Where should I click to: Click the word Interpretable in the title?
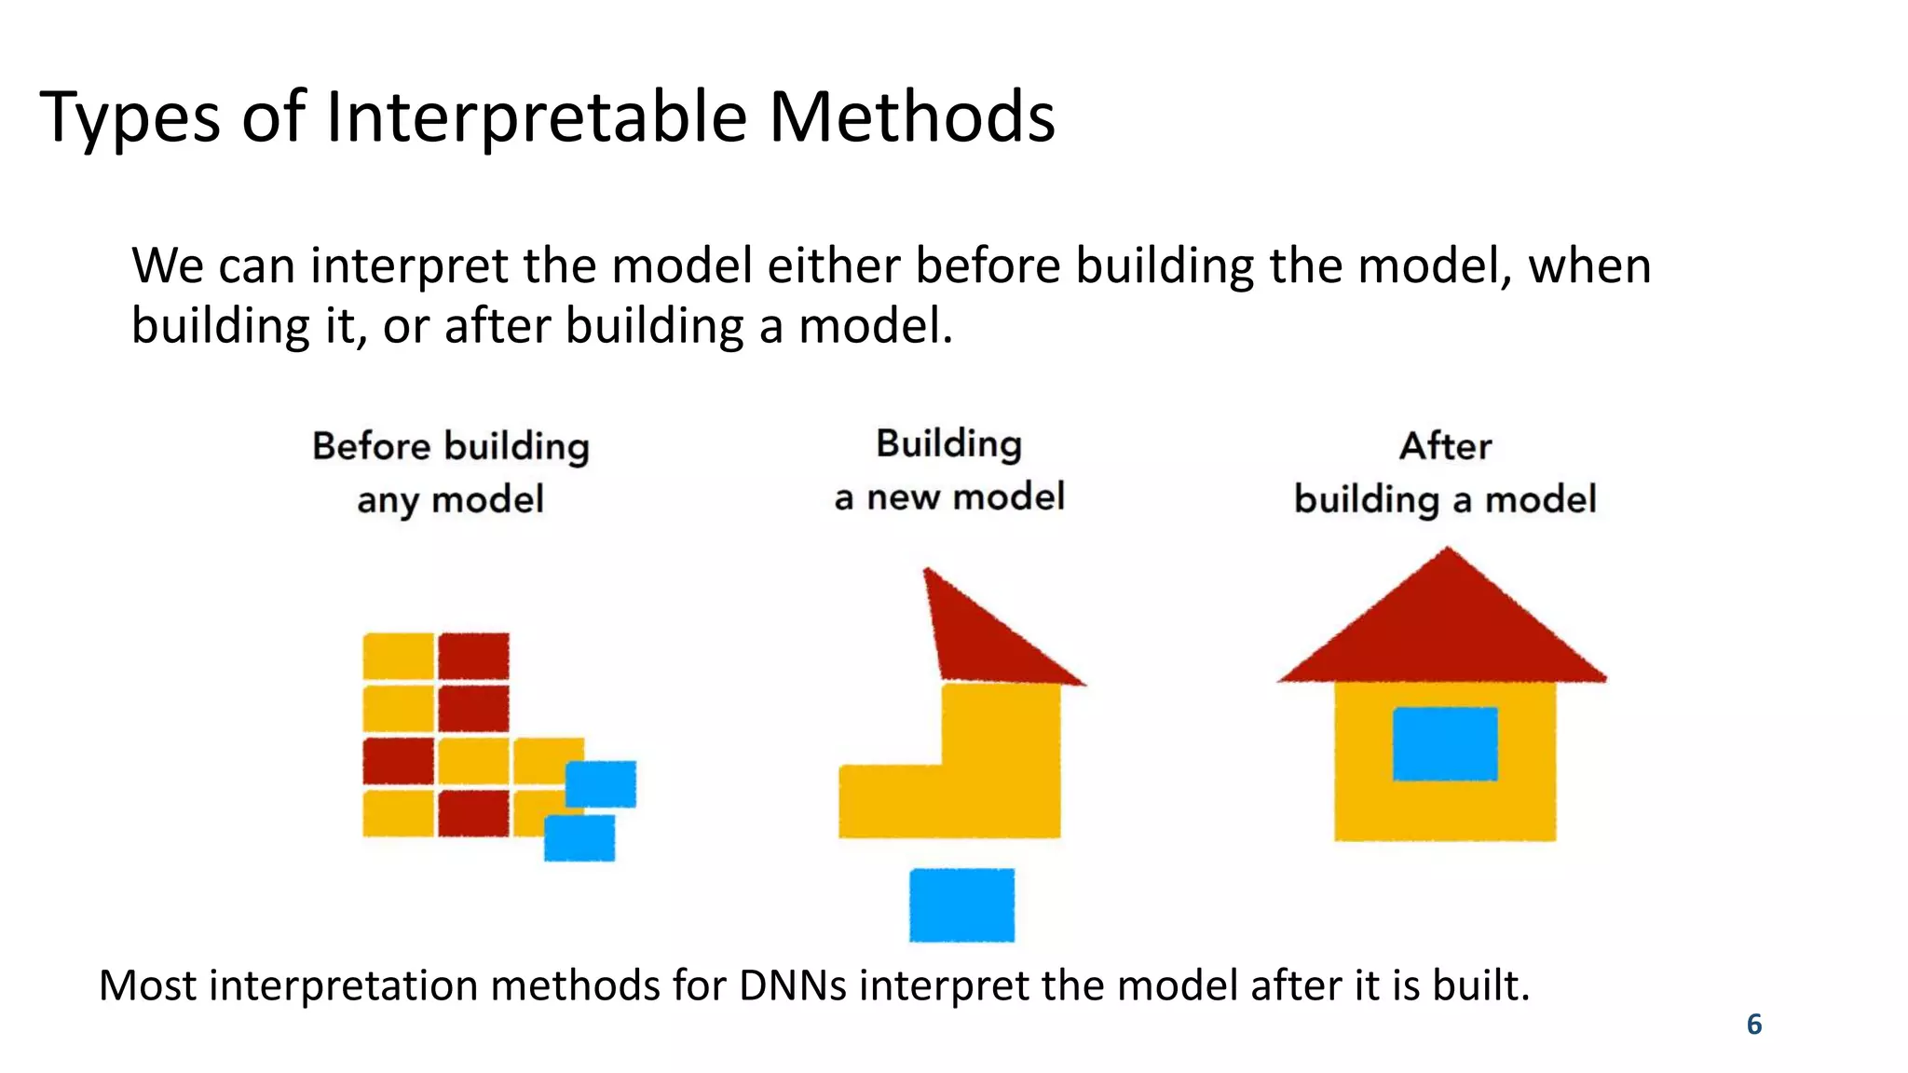536,118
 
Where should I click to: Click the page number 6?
1753,1024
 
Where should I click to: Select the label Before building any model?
451,472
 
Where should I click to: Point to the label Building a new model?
948,470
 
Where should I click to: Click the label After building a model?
1445,472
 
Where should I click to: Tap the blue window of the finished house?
1445,743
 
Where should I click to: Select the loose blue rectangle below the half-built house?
961,904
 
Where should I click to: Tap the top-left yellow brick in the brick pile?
399,656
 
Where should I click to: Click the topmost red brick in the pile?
474,656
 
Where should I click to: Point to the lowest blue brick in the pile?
579,838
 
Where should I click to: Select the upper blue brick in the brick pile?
601,783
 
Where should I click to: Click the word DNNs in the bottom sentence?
792,985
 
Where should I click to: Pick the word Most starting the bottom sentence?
147,985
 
